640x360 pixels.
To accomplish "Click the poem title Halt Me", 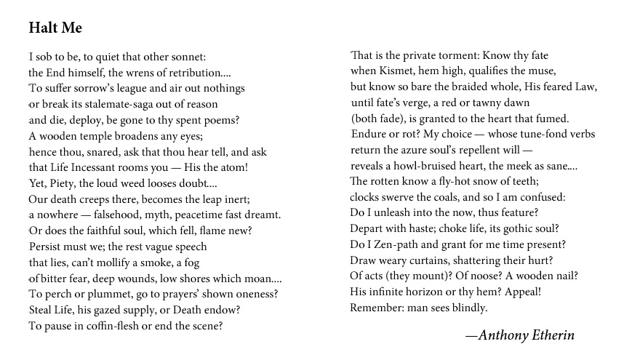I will tap(55, 28).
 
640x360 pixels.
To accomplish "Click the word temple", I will tap(98, 136).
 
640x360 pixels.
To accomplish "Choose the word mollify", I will tap(117, 263).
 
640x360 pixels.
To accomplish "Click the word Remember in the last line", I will tap(377, 308).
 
